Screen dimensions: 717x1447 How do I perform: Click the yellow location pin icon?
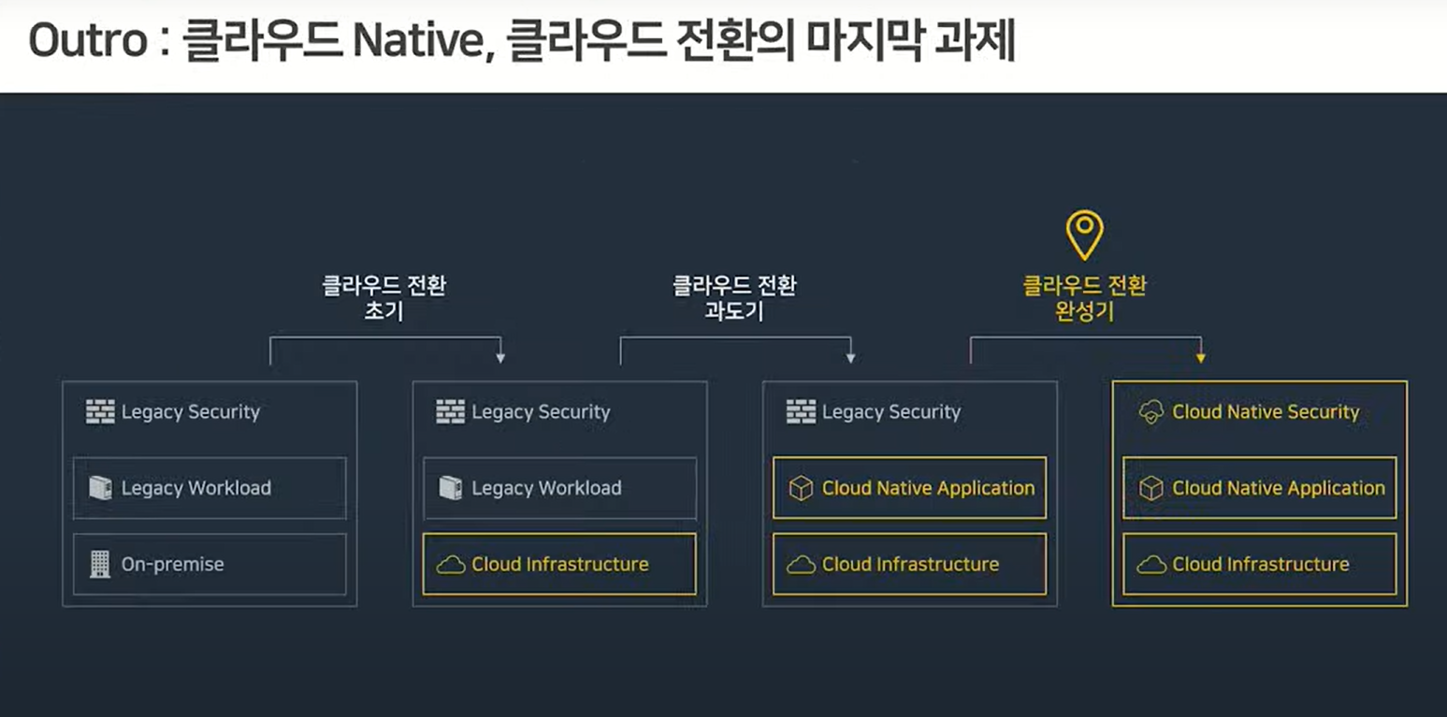pos(1085,234)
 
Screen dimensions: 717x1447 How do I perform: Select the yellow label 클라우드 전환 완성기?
pos(1085,298)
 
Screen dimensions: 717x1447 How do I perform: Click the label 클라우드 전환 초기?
pos(384,298)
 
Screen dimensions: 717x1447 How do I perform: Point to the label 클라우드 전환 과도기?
pos(734,298)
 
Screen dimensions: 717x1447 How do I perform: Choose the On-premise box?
pos(210,565)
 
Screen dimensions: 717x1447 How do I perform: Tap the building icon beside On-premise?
pos(100,565)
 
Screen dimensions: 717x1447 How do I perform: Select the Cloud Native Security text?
pos(1266,412)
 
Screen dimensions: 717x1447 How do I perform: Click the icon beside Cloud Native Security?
pos(1151,412)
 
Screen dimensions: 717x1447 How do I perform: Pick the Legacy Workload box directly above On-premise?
pos(210,488)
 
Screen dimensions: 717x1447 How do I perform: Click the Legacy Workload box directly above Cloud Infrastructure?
pos(559,488)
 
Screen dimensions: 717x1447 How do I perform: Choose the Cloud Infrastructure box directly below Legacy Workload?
pos(559,565)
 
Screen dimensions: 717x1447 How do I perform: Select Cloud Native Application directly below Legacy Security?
pos(909,488)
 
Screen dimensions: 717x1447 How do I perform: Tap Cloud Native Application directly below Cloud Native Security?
pos(1259,488)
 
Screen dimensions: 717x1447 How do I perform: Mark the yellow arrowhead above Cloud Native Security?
pos(1201,357)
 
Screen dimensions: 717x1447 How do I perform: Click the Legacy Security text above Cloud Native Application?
pos(891,412)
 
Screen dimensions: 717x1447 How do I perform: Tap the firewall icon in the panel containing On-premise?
pos(100,412)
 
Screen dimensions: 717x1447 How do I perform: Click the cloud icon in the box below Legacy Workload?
pos(451,565)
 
